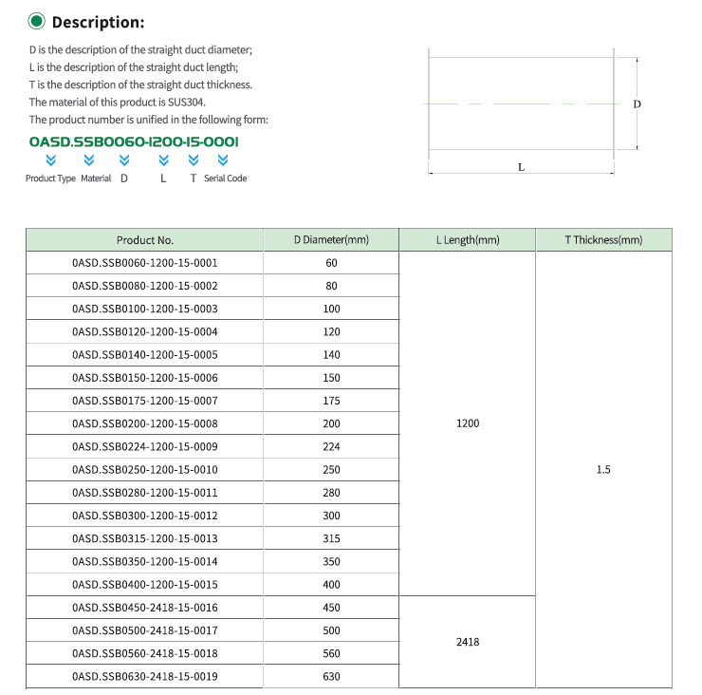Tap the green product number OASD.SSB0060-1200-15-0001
click(134, 141)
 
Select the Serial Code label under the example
click(225, 178)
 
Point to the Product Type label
click(50, 178)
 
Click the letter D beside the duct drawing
click(637, 103)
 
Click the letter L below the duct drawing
click(521, 166)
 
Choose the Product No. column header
click(145, 240)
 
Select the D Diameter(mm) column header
click(331, 240)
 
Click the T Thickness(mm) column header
click(603, 240)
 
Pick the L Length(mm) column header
click(467, 240)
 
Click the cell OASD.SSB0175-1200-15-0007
click(145, 401)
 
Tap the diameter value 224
click(331, 446)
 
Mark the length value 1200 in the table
click(468, 423)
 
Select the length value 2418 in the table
click(468, 642)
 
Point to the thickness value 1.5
click(603, 470)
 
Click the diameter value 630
click(331, 677)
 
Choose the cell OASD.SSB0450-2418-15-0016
click(145, 608)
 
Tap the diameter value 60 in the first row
click(331, 263)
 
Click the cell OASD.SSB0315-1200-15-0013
click(145, 538)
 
